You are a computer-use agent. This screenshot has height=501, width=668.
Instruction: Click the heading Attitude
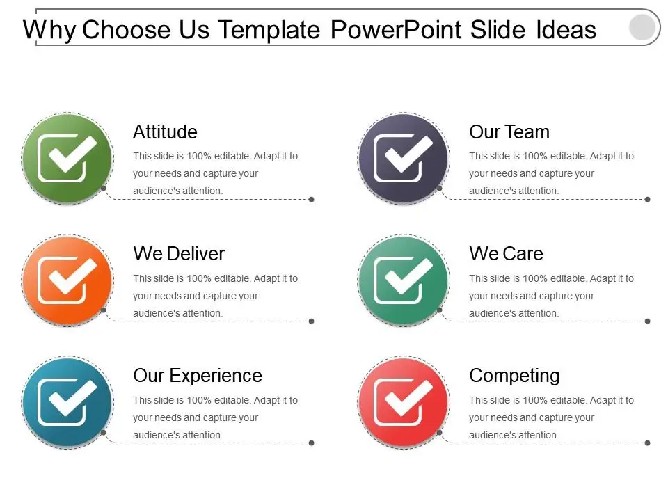[x=165, y=132]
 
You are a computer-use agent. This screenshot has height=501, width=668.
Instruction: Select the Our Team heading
[x=509, y=132]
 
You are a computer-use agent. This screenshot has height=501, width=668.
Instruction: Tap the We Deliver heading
[x=179, y=254]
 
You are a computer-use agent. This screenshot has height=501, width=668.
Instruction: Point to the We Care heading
[x=506, y=254]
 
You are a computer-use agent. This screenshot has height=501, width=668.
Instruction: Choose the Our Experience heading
[x=197, y=376]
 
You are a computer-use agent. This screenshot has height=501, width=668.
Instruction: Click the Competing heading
[x=514, y=376]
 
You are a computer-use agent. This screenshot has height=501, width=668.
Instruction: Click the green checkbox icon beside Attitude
[x=67, y=159]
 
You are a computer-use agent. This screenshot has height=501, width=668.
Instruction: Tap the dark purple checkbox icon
[x=404, y=159]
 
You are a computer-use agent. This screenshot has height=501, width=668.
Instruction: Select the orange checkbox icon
[x=67, y=280]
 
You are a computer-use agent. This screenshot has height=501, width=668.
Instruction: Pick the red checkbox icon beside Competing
[x=404, y=402]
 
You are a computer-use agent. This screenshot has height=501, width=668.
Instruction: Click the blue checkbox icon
[x=67, y=402]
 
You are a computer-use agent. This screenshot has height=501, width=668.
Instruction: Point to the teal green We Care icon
[x=404, y=280]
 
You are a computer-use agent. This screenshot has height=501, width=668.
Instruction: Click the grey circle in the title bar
[x=642, y=27]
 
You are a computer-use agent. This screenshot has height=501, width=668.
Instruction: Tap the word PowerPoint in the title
[x=396, y=30]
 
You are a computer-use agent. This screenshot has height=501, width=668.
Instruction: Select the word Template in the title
[x=269, y=30]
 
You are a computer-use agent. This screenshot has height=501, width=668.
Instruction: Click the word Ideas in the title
[x=566, y=30]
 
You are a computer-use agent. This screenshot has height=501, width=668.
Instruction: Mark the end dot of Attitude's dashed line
[x=312, y=200]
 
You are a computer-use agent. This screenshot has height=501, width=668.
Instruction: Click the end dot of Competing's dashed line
[x=648, y=443]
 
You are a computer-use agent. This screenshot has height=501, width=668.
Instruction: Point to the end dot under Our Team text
[x=648, y=200]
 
